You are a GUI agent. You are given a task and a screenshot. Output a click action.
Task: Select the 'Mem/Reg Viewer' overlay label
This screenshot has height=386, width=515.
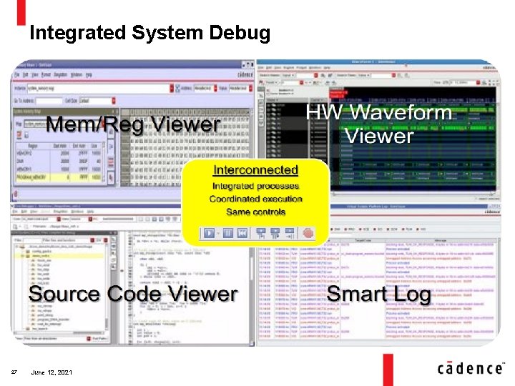coord(133,124)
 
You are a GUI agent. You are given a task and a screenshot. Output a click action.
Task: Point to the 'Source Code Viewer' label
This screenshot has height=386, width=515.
coord(133,293)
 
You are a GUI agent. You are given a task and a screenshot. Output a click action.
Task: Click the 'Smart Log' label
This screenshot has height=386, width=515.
coord(379,294)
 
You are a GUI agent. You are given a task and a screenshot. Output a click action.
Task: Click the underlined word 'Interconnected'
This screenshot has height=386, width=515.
coord(255,170)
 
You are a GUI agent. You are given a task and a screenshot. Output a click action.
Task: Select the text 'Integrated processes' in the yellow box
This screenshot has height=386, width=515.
coord(255,186)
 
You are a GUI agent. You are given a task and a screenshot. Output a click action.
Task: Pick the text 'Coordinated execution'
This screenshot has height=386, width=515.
coord(255,199)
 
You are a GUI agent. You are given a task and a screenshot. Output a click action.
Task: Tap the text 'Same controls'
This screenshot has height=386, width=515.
coord(255,212)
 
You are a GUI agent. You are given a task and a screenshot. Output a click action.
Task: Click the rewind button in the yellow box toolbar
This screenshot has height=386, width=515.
coord(242,233)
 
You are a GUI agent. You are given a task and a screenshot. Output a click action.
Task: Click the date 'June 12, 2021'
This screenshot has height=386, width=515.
coord(51,372)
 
